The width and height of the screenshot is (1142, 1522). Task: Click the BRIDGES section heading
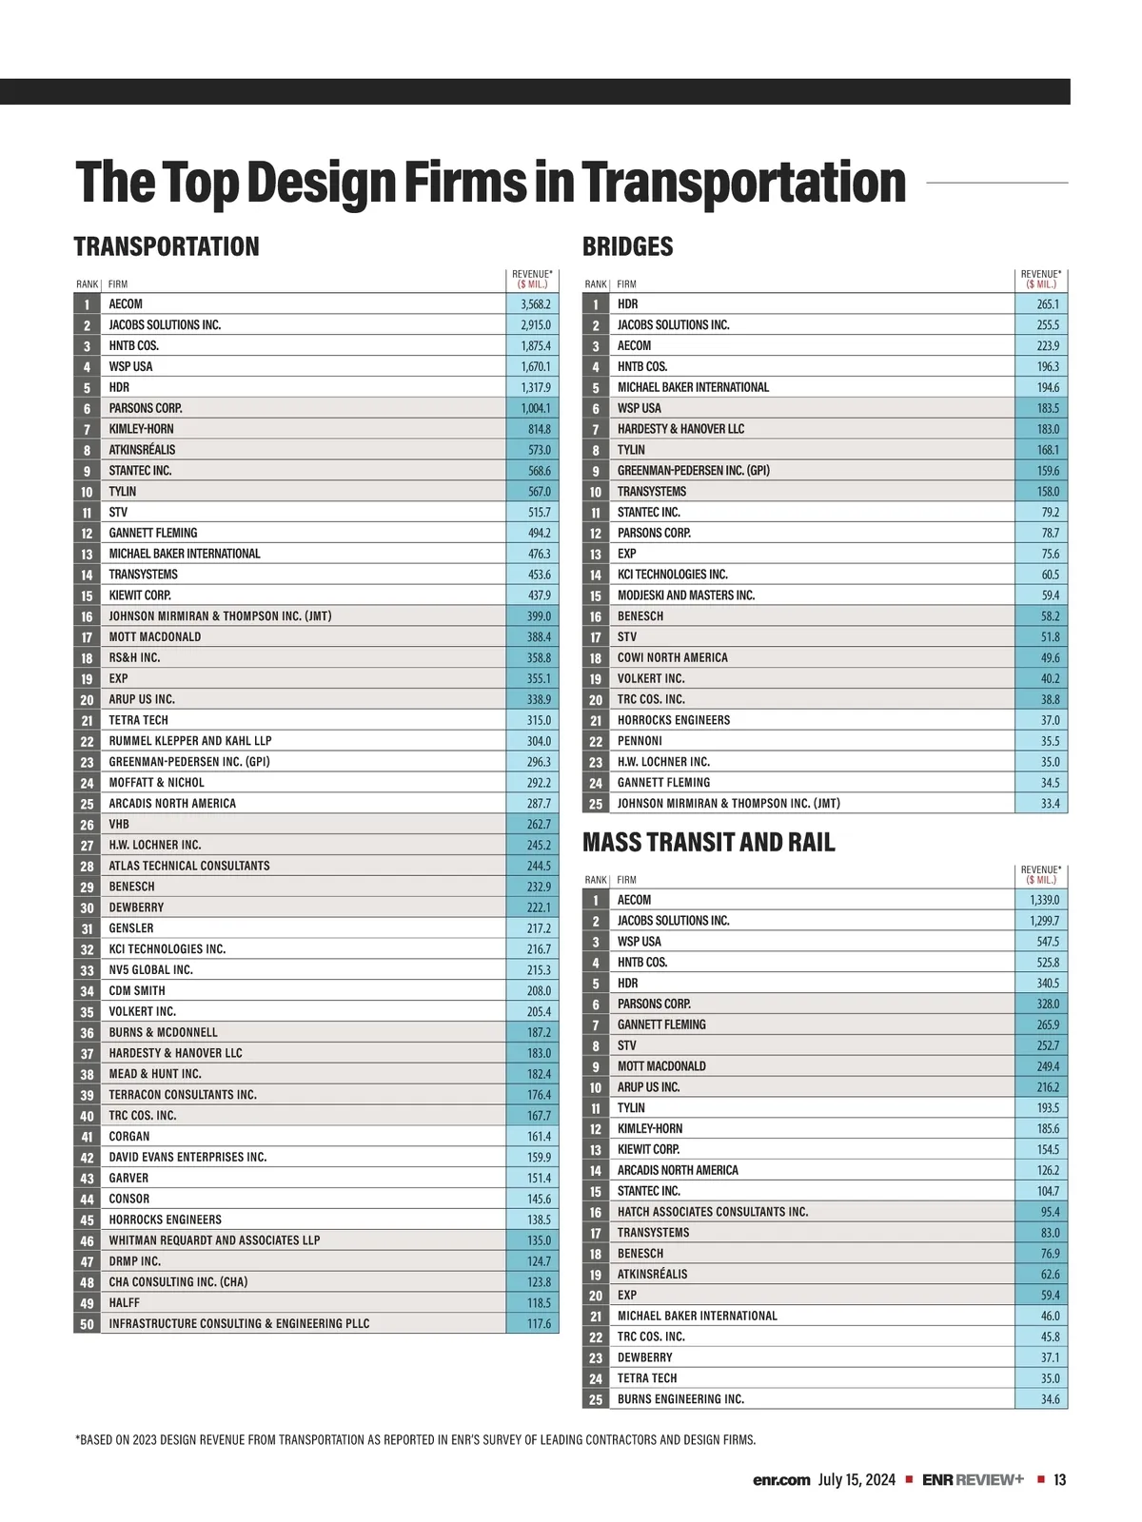pos(627,247)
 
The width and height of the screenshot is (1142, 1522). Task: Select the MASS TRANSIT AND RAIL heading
pos(708,843)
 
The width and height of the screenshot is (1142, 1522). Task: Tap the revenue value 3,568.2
pos(535,304)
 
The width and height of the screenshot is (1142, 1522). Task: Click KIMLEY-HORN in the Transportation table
pos(141,429)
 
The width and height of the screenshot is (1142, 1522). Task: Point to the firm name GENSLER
pos(130,928)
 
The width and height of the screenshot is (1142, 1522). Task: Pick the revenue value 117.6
pos(539,1324)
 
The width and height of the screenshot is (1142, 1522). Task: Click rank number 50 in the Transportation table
pos(87,1324)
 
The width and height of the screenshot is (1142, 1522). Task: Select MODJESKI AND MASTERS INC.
pos(685,595)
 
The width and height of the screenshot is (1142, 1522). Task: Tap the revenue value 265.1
pos(1048,304)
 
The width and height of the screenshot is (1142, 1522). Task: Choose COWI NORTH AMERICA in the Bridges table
pos(672,658)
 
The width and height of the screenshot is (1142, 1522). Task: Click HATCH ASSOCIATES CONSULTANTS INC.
pos(712,1212)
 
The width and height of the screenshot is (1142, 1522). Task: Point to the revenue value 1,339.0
pos(1044,900)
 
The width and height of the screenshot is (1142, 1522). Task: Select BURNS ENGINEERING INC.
pos(680,1399)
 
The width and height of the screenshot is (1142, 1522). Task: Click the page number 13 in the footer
pos(1059,1480)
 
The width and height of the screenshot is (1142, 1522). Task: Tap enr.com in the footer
pos(781,1480)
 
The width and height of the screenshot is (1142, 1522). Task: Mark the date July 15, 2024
pos(856,1480)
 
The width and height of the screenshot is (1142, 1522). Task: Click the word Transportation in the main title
pos(743,183)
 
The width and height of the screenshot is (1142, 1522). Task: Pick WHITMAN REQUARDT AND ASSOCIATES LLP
pos(214,1240)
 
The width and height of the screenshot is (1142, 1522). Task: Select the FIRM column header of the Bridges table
pos(626,284)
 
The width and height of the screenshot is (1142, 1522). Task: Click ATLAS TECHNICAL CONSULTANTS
pos(188,866)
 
